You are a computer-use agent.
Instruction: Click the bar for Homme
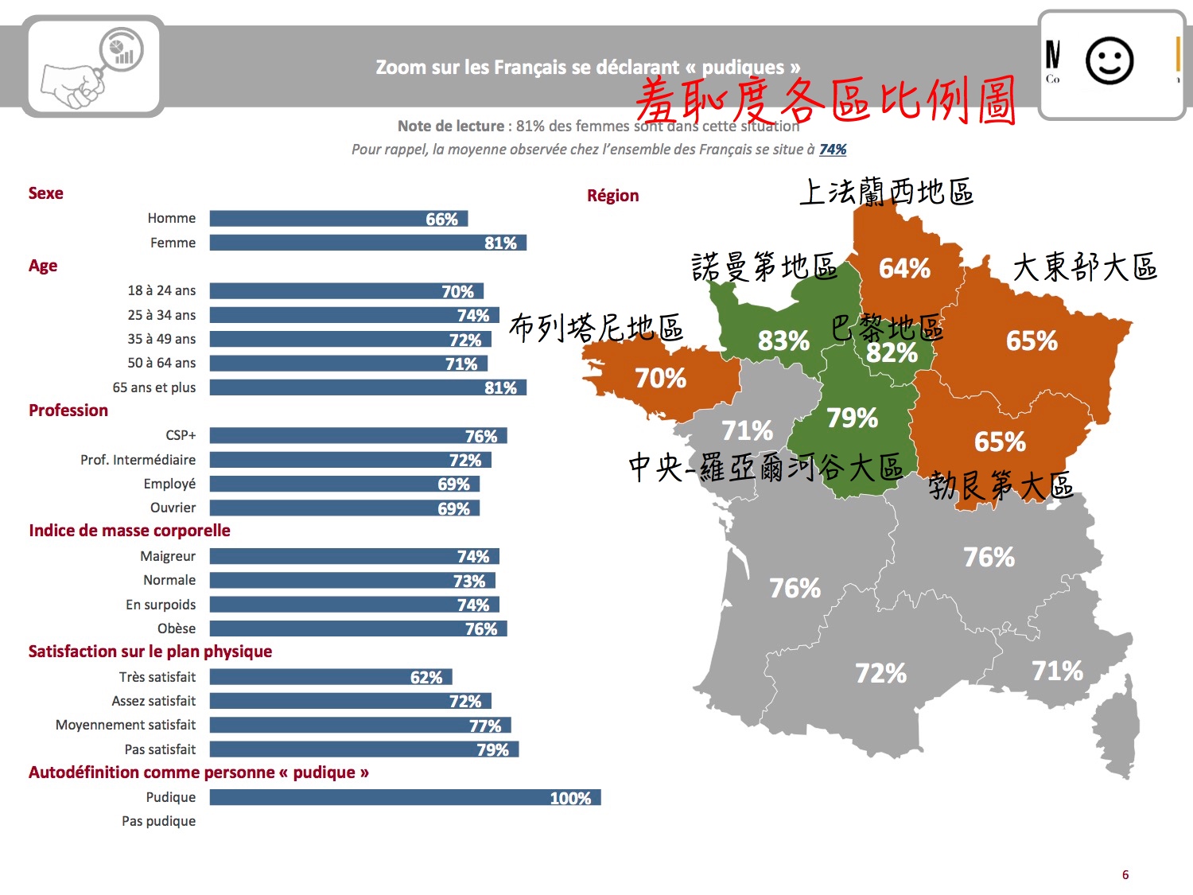[338, 219]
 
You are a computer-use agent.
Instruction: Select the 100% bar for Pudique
[405, 798]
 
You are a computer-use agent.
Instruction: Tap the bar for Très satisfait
[331, 677]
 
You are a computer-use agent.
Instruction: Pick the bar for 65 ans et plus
[367, 387]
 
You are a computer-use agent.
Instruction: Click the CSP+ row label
[181, 435]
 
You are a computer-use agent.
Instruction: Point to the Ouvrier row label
[173, 508]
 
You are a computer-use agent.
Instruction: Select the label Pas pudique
[158, 821]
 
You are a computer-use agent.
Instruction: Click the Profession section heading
[68, 411]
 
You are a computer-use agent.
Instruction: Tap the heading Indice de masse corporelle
[130, 531]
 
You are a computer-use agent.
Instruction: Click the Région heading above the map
[612, 196]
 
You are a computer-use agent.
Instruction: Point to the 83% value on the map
[783, 341]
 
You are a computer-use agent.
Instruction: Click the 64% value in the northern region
[904, 269]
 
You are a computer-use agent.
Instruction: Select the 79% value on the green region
[852, 418]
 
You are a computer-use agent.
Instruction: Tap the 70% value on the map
[660, 378]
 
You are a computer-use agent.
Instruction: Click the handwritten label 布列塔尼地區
[596, 327]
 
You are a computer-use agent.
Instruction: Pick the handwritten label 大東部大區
[1085, 267]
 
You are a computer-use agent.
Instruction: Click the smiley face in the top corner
[1109, 60]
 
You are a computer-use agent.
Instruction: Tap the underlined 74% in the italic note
[833, 150]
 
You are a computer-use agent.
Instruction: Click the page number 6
[1125, 875]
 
